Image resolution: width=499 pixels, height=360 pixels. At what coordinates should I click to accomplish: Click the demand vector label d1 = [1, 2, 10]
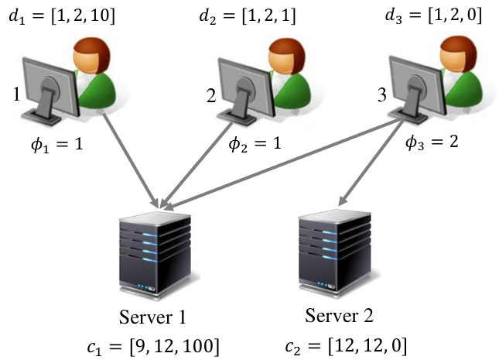(x=62, y=16)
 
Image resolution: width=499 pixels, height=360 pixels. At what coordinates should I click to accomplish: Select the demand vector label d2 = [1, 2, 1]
(x=248, y=16)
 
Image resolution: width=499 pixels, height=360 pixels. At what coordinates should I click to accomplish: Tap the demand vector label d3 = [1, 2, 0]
(x=433, y=15)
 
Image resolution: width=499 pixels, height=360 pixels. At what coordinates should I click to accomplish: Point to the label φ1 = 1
(x=57, y=144)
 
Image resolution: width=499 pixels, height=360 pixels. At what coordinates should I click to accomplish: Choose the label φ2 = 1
(x=255, y=144)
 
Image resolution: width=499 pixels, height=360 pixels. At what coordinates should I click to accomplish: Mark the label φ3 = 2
(x=432, y=142)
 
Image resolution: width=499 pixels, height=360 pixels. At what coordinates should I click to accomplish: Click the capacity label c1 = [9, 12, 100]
(x=153, y=346)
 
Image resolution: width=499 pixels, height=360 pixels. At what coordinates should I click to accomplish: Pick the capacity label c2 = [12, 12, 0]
(x=347, y=345)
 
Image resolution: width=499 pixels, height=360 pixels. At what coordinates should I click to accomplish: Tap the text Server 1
(x=152, y=317)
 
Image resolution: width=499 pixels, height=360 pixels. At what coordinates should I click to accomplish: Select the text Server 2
(x=340, y=316)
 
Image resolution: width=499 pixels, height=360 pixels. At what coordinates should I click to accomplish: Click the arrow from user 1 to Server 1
(x=131, y=161)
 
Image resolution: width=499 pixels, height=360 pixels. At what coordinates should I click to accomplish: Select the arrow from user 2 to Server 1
(x=197, y=166)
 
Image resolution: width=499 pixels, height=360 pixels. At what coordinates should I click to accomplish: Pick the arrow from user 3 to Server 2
(x=371, y=163)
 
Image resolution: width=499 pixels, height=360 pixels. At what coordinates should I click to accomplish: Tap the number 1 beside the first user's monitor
(x=17, y=94)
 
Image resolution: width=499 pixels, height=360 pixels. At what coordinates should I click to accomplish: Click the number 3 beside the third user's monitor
(x=382, y=95)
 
